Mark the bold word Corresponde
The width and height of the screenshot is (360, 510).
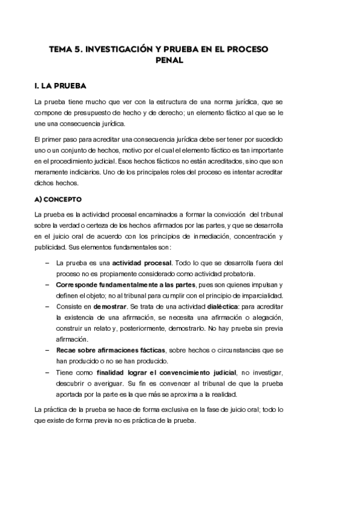point(78,284)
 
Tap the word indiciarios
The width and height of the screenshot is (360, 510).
point(81,173)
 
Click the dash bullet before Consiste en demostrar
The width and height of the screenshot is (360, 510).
point(47,307)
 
